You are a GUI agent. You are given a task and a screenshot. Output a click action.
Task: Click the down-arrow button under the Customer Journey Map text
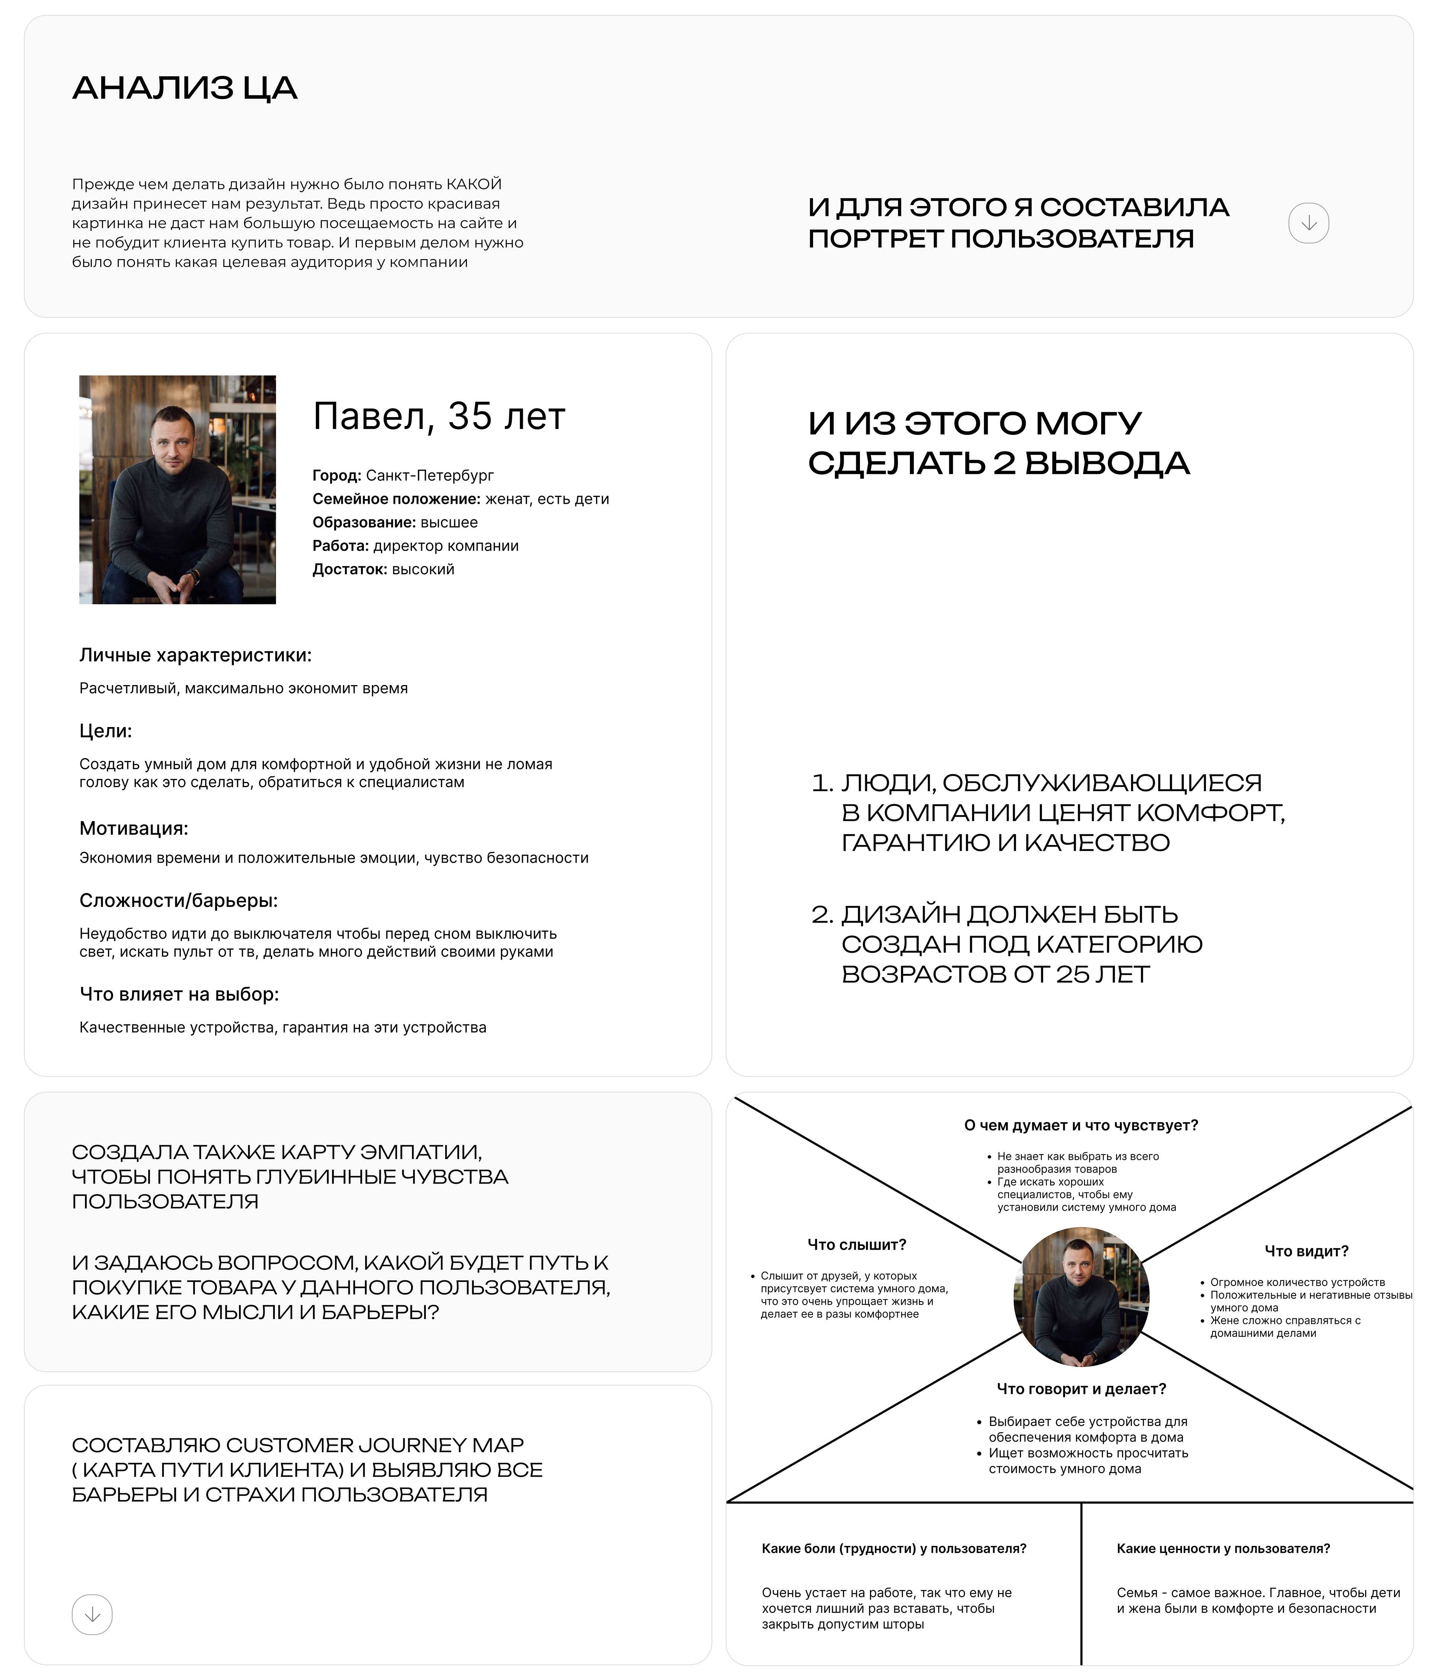coord(92,1614)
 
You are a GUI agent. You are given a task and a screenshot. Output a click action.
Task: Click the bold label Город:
coord(337,475)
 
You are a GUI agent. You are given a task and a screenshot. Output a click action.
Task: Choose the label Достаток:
coord(350,569)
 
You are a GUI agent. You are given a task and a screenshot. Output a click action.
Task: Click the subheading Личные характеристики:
coord(195,655)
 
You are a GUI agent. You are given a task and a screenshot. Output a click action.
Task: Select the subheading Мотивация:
coord(134,828)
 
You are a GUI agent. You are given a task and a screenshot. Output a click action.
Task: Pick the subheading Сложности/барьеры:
coord(178,901)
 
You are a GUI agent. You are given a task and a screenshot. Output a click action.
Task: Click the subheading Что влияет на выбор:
coord(179,994)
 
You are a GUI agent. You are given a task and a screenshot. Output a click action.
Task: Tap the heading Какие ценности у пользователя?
coord(1222,1548)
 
